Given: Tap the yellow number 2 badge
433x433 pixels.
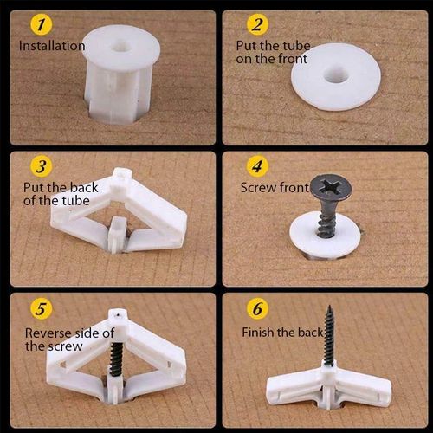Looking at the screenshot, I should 257,24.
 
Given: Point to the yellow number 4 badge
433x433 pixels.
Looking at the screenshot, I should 257,165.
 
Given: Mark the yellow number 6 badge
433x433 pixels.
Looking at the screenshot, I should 257,309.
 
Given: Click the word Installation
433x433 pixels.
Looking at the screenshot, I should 51,45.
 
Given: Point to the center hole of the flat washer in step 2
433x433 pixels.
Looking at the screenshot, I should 337,76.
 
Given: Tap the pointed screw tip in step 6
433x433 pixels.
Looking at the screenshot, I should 331,307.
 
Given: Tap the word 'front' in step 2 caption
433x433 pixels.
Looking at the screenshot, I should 275,57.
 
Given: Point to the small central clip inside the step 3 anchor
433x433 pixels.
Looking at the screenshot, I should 115,232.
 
